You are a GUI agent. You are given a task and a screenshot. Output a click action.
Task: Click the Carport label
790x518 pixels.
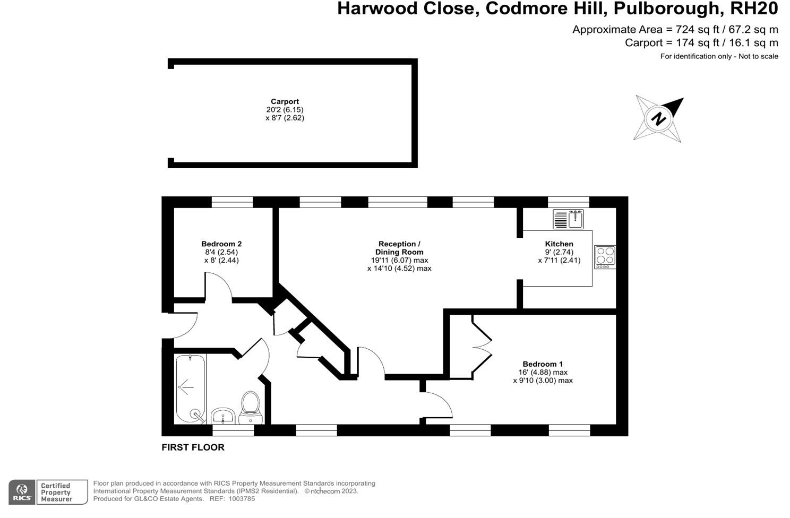click(x=285, y=101)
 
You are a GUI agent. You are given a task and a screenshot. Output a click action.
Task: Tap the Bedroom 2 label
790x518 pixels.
click(x=221, y=244)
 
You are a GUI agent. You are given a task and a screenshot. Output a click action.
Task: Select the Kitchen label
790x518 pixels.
click(x=559, y=244)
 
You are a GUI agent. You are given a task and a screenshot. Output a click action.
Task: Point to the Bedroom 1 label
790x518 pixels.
click(x=543, y=364)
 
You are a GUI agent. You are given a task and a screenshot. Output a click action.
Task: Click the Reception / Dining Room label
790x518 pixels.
click(x=399, y=248)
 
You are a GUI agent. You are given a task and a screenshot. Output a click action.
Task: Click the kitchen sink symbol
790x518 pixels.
click(x=568, y=219)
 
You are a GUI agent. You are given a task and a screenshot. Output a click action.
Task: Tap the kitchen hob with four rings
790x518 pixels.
click(x=605, y=256)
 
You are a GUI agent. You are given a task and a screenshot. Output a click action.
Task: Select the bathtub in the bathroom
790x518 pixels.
click(x=191, y=388)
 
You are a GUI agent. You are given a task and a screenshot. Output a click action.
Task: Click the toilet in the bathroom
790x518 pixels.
click(x=250, y=407)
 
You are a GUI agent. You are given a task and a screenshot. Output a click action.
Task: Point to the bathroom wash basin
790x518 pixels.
click(x=224, y=416)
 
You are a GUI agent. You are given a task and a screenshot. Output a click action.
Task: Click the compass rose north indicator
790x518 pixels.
click(x=659, y=118)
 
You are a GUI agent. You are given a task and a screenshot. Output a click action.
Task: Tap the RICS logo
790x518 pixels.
click(x=22, y=492)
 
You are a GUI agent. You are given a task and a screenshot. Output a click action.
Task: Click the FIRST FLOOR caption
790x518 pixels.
click(x=193, y=447)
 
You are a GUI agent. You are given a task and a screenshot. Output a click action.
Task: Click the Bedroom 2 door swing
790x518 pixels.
click(x=219, y=287)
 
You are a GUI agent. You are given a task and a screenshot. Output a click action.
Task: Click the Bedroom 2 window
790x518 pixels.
click(x=232, y=202)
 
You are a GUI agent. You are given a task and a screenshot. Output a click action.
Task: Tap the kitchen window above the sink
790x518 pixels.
click(x=568, y=202)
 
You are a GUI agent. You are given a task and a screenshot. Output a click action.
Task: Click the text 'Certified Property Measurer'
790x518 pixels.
click(x=56, y=493)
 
